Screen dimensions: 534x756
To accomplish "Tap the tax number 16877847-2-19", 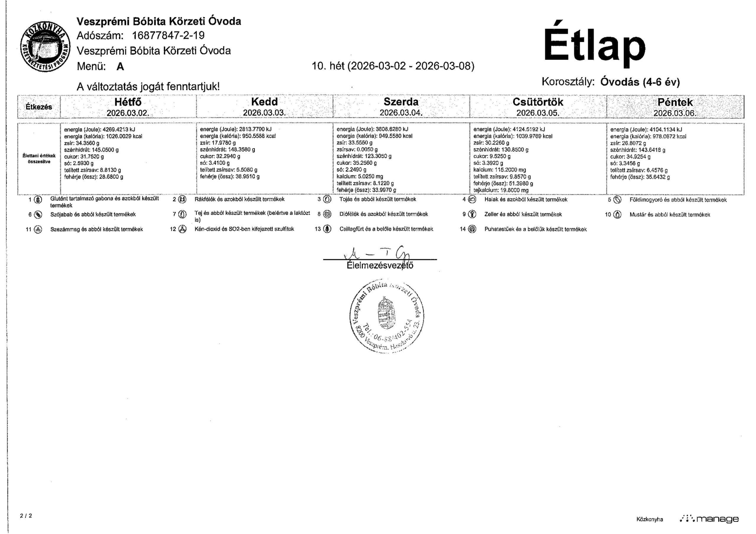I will coord(168,35).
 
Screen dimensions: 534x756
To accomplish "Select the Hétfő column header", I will coord(128,107).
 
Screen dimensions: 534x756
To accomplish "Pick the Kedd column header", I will coord(264,107).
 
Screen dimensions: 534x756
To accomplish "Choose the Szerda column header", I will coord(401,107).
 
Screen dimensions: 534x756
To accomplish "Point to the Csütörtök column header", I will coord(538,107).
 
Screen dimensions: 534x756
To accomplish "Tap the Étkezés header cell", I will coord(39,107).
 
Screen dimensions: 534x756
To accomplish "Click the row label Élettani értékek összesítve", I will coord(39,159).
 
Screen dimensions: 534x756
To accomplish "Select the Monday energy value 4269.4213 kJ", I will coord(100,129).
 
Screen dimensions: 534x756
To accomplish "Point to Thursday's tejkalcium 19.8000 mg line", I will coord(501,190).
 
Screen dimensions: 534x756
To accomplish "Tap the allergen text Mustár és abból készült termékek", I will coord(670,215).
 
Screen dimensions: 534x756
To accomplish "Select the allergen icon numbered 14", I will coord(472,229).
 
